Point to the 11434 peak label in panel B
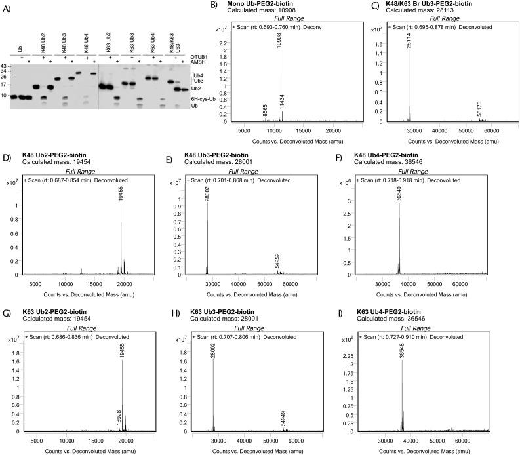(x=283, y=103)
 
